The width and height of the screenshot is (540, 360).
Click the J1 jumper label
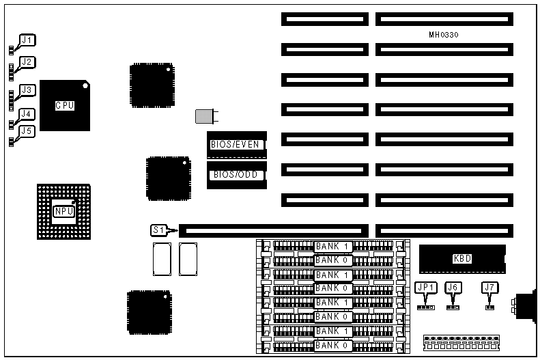point(27,40)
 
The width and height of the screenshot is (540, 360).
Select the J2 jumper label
point(27,62)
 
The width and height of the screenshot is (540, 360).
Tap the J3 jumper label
point(27,89)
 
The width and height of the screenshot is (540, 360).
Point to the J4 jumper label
point(27,114)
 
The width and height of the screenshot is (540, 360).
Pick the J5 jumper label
point(27,130)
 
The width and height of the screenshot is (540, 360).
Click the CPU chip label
point(65,105)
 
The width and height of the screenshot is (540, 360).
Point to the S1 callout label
point(158,230)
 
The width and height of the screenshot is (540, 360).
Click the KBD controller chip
point(462,258)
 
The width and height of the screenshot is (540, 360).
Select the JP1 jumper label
point(425,288)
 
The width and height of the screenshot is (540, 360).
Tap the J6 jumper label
point(453,288)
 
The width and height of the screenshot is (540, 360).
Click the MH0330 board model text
point(444,34)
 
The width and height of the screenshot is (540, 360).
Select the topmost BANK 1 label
point(332,246)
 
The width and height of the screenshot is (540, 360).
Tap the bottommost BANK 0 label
point(332,346)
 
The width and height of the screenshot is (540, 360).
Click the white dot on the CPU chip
point(85,86)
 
